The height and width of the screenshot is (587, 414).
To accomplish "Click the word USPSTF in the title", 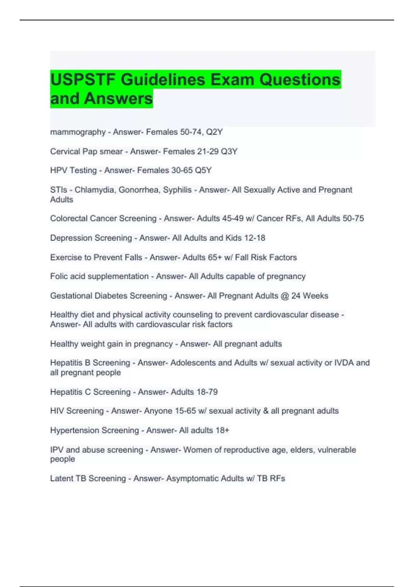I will click(83, 80).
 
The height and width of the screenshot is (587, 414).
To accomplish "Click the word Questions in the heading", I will click(300, 80).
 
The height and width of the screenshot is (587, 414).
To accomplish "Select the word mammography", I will click(78, 132).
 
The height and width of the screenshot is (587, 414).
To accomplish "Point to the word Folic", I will click(59, 277).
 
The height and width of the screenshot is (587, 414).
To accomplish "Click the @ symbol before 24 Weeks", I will click(285, 296).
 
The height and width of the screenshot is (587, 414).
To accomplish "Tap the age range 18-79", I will click(207, 392).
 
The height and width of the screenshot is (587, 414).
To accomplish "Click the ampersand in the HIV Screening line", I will click(265, 411).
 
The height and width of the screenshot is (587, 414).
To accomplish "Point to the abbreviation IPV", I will click(57, 450).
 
